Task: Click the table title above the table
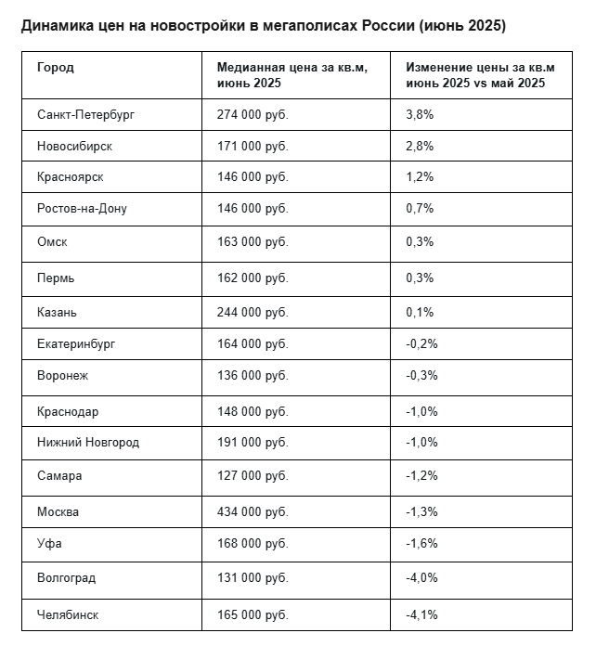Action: point(263,26)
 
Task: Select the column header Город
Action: point(56,68)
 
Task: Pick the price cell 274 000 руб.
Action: point(253,115)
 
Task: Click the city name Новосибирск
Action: point(75,147)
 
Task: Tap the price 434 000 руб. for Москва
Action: point(253,511)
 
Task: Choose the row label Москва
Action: point(58,511)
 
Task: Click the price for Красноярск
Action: point(253,177)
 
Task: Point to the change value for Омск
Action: point(420,242)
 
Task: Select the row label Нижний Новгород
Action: point(88,443)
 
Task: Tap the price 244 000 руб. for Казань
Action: point(253,312)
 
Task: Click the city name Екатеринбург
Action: point(76,344)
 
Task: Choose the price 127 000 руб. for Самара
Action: point(253,476)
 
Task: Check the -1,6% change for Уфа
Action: point(421,543)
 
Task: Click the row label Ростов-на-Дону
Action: point(82,208)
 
